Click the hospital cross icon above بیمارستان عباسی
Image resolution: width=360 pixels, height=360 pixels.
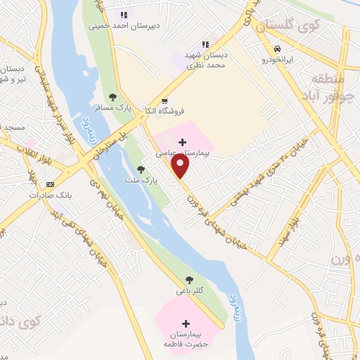pyautogui.click(x=183, y=142)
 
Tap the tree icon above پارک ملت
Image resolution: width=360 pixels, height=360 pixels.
pyautogui.click(x=141, y=169)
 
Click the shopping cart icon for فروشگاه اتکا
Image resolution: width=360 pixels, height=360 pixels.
pyautogui.click(x=164, y=101)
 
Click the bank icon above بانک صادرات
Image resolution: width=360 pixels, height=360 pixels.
pyautogui.click(x=49, y=184)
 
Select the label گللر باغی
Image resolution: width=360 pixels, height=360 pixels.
pyautogui.click(x=188, y=290)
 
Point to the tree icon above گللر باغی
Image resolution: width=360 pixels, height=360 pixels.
pyautogui.click(x=188, y=279)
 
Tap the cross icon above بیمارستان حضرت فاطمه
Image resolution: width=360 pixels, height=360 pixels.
pyautogui.click(x=186, y=323)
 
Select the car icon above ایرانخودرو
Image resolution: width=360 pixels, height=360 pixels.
pyautogui.click(x=278, y=49)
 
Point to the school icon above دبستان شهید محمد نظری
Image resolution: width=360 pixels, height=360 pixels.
pyautogui.click(x=206, y=45)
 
